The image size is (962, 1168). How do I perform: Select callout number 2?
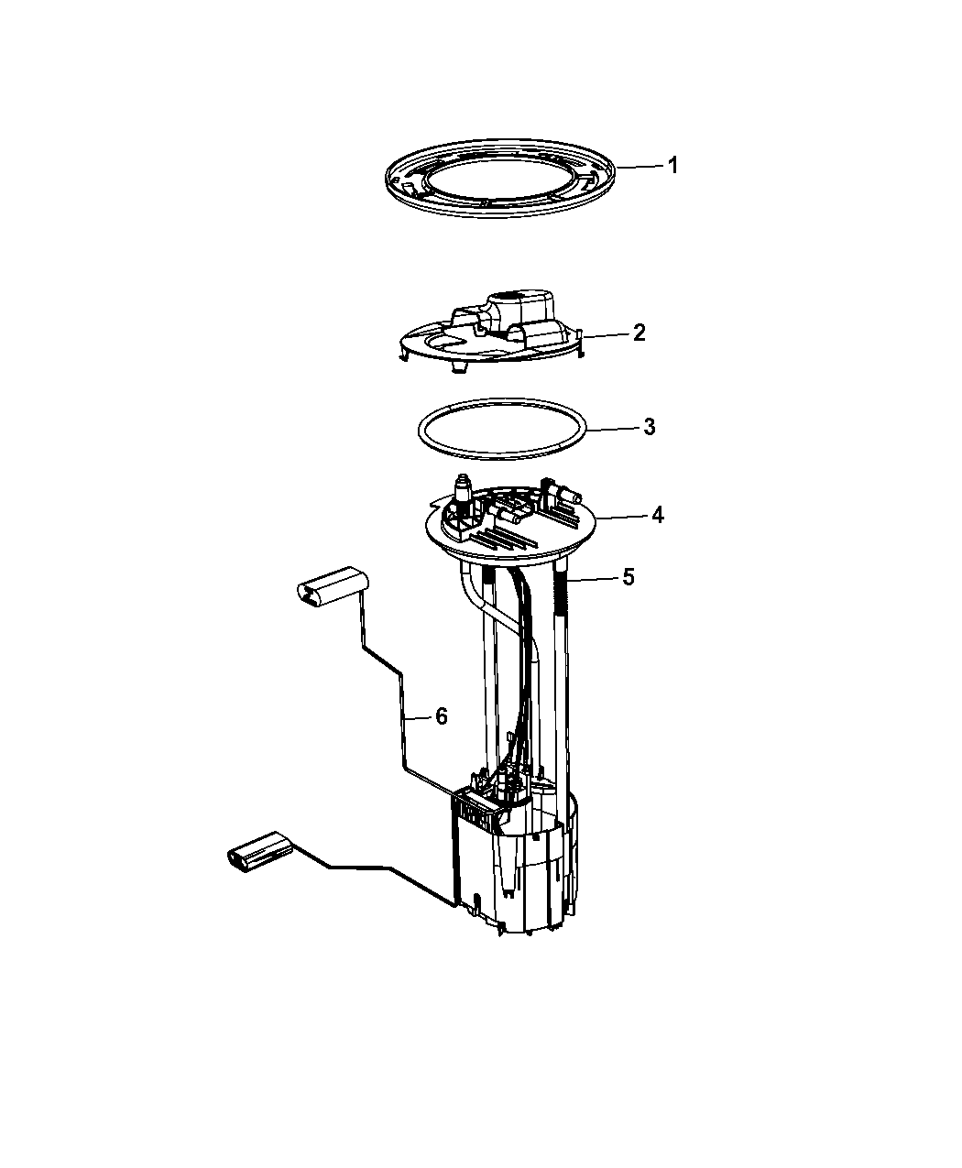click(x=638, y=333)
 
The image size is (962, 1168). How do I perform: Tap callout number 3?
click(x=648, y=427)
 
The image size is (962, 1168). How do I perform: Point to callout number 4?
click(x=657, y=516)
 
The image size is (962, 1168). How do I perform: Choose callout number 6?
click(x=441, y=716)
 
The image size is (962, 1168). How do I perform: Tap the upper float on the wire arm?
click(x=331, y=586)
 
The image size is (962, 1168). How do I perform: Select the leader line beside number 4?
click(x=623, y=518)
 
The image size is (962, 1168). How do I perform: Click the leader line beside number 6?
click(x=417, y=718)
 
